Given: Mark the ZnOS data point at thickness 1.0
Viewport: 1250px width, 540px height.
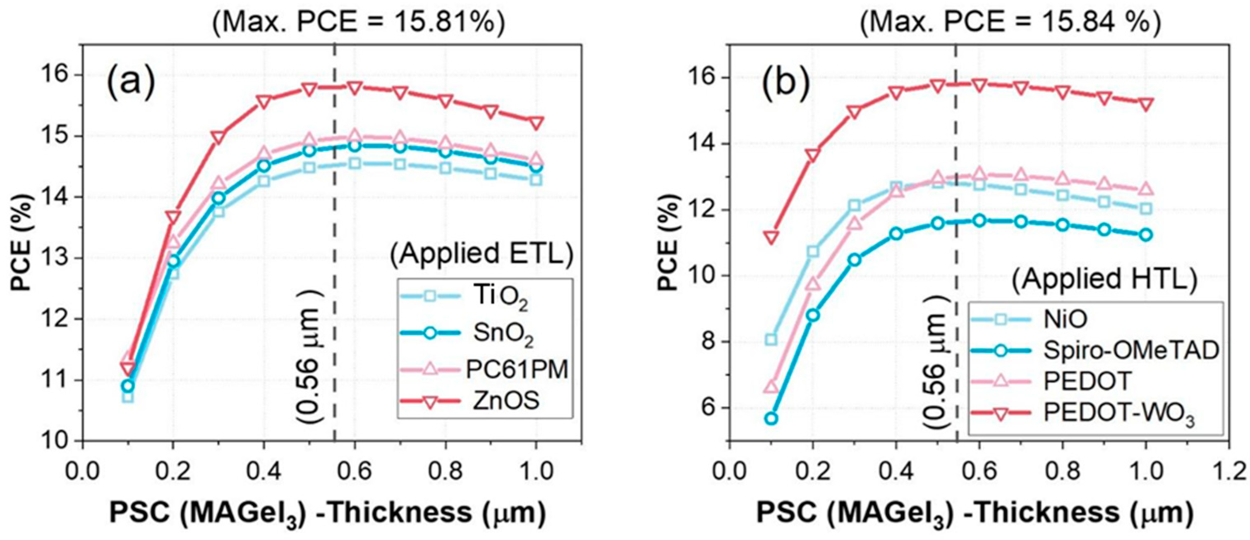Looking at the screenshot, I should tap(536, 123).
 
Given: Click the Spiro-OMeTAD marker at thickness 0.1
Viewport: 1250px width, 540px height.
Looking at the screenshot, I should tap(771, 418).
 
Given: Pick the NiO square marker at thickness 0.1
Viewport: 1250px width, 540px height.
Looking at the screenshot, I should tap(771, 339).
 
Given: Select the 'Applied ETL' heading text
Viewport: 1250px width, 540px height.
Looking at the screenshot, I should tap(482, 253).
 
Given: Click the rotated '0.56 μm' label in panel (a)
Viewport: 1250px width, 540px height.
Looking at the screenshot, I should tap(309, 361).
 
